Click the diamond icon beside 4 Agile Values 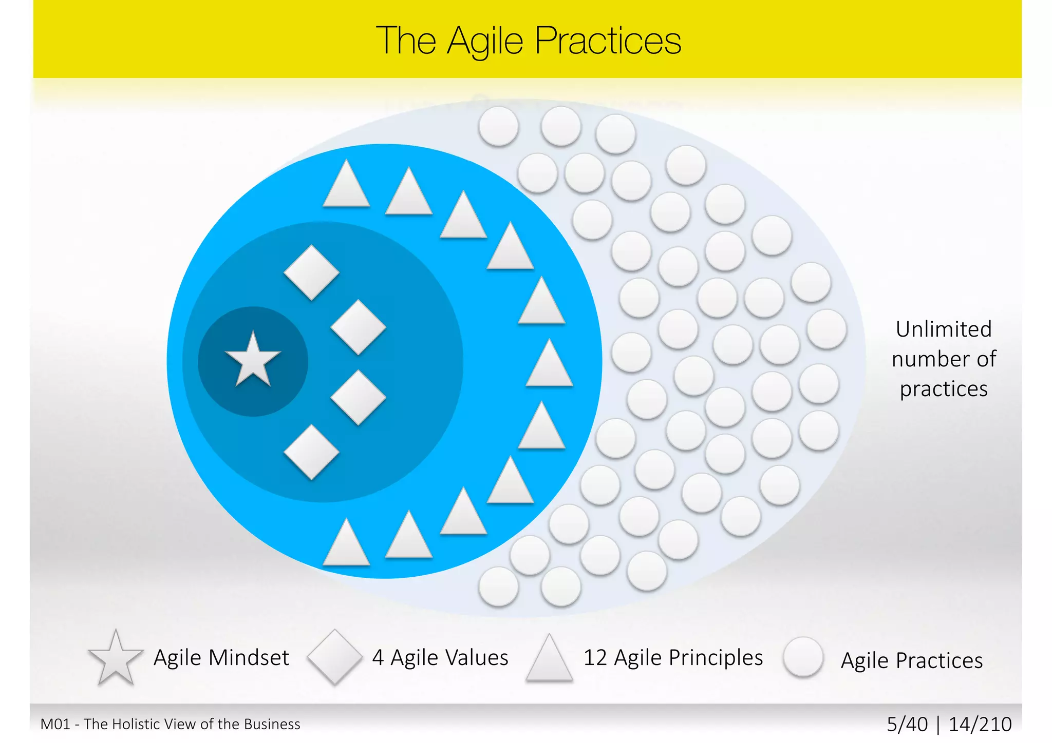coord(334,657)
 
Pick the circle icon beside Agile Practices coord(803,657)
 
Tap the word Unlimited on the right coord(944,329)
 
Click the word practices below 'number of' coord(944,389)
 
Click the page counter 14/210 coord(980,724)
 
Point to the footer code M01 coord(55,724)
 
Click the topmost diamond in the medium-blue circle coord(311,272)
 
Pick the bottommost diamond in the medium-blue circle coord(311,452)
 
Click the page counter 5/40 coord(907,724)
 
